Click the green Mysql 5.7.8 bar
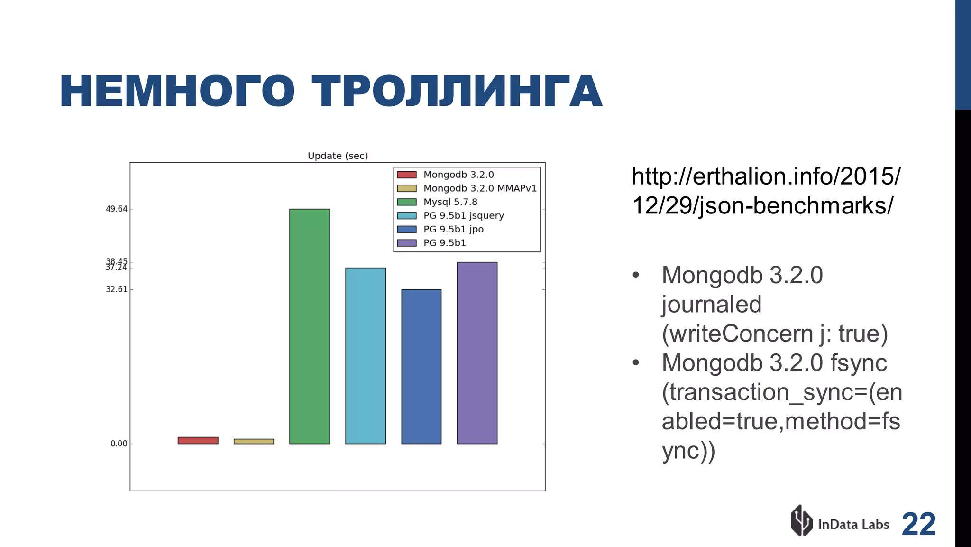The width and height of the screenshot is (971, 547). click(x=309, y=326)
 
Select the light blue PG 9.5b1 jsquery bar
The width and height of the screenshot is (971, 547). click(x=365, y=356)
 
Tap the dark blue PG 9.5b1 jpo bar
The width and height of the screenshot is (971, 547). click(x=421, y=366)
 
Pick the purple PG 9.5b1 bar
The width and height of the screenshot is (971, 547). click(x=477, y=353)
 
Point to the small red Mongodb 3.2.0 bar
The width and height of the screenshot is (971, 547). click(x=198, y=441)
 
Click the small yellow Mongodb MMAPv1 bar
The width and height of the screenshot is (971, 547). click(x=254, y=442)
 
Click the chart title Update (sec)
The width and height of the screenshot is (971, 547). click(x=338, y=156)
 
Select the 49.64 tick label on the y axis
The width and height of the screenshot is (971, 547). click(x=116, y=209)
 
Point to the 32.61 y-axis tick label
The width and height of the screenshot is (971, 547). click(x=116, y=289)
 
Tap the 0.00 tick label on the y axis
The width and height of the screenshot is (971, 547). click(x=119, y=444)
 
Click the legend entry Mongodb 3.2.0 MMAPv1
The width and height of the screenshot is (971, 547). click(x=480, y=188)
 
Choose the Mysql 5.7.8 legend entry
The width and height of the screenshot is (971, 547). click(x=450, y=202)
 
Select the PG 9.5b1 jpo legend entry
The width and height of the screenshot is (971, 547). click(x=453, y=229)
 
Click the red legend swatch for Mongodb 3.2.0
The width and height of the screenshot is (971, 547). click(x=407, y=175)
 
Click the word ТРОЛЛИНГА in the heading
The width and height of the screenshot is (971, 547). click(x=457, y=92)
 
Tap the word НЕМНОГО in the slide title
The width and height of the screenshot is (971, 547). click(x=177, y=92)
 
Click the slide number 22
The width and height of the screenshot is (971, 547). click(x=918, y=524)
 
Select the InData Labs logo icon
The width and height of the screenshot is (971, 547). click(x=802, y=520)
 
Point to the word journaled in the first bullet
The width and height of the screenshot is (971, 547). click(x=711, y=305)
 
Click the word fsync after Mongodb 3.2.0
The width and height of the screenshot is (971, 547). click(x=858, y=363)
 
